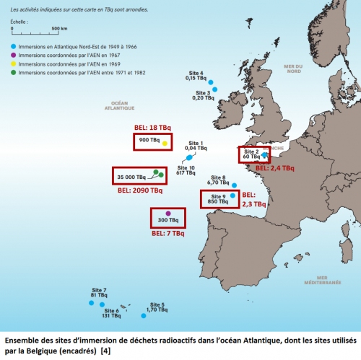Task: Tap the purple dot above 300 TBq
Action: coord(168,213)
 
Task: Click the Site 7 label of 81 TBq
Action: coord(99,292)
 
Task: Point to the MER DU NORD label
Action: coord(292,69)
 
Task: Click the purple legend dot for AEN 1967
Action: coord(14,54)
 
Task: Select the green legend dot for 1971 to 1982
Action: coord(14,73)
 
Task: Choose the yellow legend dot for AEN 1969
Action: coord(14,63)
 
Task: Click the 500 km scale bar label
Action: coord(59,28)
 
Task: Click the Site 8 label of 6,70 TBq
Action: coord(219,180)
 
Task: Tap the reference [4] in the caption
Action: coord(105,354)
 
